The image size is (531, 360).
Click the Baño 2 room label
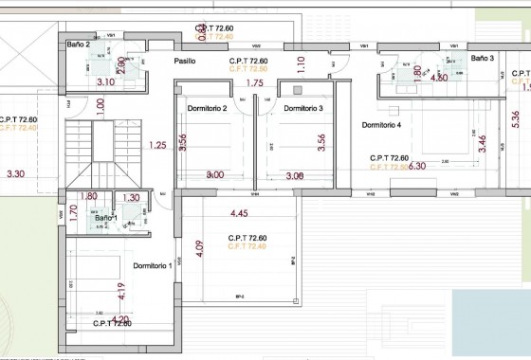79,45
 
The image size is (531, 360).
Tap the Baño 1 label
105,218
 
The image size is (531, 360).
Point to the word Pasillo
186,62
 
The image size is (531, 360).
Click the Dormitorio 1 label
153,265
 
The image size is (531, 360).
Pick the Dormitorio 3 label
303,108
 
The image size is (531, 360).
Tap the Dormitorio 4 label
382,125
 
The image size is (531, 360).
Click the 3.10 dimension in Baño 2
106,82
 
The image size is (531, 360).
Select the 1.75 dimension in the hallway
254,83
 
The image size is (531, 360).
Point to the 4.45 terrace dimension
239,213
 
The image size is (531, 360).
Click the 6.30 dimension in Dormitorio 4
416,165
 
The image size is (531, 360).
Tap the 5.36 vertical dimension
515,119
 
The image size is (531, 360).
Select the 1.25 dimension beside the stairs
158,145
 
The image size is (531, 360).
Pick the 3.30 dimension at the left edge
15,174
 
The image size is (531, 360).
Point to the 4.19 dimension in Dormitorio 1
121,291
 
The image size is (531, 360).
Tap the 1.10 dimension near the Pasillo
301,64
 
